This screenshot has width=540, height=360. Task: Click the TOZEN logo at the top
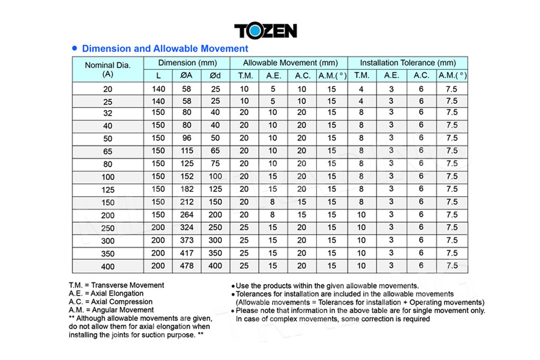(265, 30)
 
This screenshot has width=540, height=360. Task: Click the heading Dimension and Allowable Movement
(165, 48)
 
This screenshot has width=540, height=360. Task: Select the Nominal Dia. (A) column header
(107, 69)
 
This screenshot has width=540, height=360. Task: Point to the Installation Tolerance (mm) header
(408, 63)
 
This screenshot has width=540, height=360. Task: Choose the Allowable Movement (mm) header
(290, 63)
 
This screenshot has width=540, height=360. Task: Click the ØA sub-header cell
(186, 75)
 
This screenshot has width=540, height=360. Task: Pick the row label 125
(108, 189)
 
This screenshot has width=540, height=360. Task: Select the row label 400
(108, 266)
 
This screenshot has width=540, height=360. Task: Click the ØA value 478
(186, 266)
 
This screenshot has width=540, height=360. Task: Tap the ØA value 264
(186, 215)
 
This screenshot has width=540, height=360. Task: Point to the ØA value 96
(186, 138)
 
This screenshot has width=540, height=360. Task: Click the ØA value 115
(186, 150)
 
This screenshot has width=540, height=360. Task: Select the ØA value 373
(186, 240)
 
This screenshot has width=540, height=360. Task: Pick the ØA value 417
(186, 253)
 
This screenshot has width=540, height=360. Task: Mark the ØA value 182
(186, 189)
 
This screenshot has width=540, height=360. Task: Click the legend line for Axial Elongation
(105, 294)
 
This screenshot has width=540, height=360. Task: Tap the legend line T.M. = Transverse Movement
(116, 285)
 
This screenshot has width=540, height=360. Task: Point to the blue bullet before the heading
(75, 48)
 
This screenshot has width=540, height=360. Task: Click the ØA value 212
(186, 202)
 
